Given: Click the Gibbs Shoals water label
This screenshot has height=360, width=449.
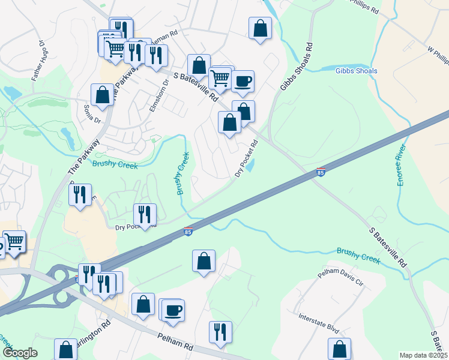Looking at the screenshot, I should tap(357, 71).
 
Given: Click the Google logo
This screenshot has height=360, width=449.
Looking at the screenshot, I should tap(20, 353).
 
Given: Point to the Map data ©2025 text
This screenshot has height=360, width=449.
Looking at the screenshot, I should tap(423, 355).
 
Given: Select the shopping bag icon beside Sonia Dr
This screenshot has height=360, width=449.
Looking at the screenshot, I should tap(102, 94).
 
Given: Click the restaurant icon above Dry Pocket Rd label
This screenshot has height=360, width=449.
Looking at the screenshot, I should tap(144, 214).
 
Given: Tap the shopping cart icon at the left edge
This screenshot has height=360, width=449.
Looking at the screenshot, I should tap(14, 241).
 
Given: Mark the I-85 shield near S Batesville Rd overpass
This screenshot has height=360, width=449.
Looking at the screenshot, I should tap(321, 173).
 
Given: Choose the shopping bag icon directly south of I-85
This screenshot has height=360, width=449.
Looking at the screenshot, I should tap(203, 260).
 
